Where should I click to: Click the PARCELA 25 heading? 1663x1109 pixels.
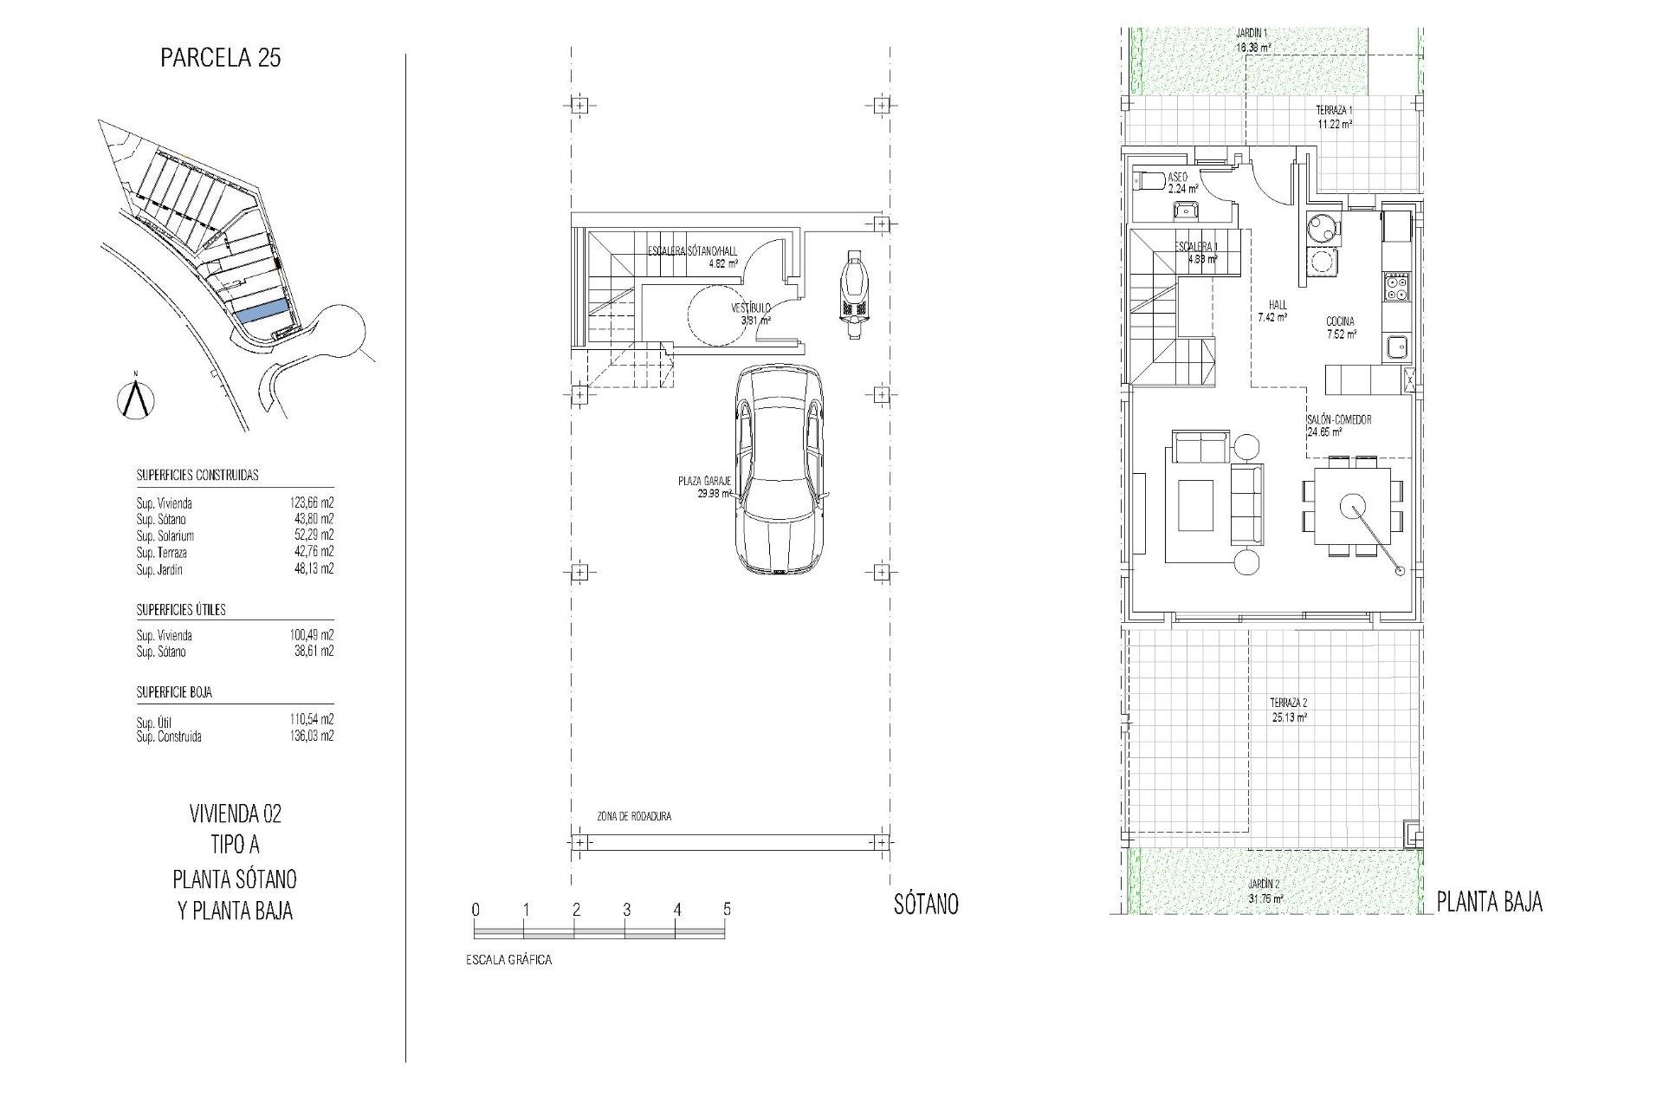coord(221,58)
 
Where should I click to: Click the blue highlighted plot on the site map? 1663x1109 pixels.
coord(262,312)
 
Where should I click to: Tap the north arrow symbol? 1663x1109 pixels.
coord(134,398)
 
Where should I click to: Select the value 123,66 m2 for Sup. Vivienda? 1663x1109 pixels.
coord(311,503)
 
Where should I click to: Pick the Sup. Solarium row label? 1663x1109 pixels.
coord(165,536)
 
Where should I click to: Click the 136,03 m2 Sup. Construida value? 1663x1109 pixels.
coord(311,736)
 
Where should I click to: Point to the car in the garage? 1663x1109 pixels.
coord(780,468)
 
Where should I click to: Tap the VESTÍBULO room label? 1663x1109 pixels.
coord(750,308)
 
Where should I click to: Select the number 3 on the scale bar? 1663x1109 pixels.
coord(626,910)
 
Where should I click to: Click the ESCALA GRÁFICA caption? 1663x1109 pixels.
coord(508,960)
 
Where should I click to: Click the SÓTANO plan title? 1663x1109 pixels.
coord(926,905)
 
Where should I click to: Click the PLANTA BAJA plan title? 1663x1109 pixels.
coord(1489,902)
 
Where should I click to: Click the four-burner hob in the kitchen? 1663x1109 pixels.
coord(1397,287)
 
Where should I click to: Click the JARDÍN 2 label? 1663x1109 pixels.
coord(1265,883)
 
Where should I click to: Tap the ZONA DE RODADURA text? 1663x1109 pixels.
coord(633,816)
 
